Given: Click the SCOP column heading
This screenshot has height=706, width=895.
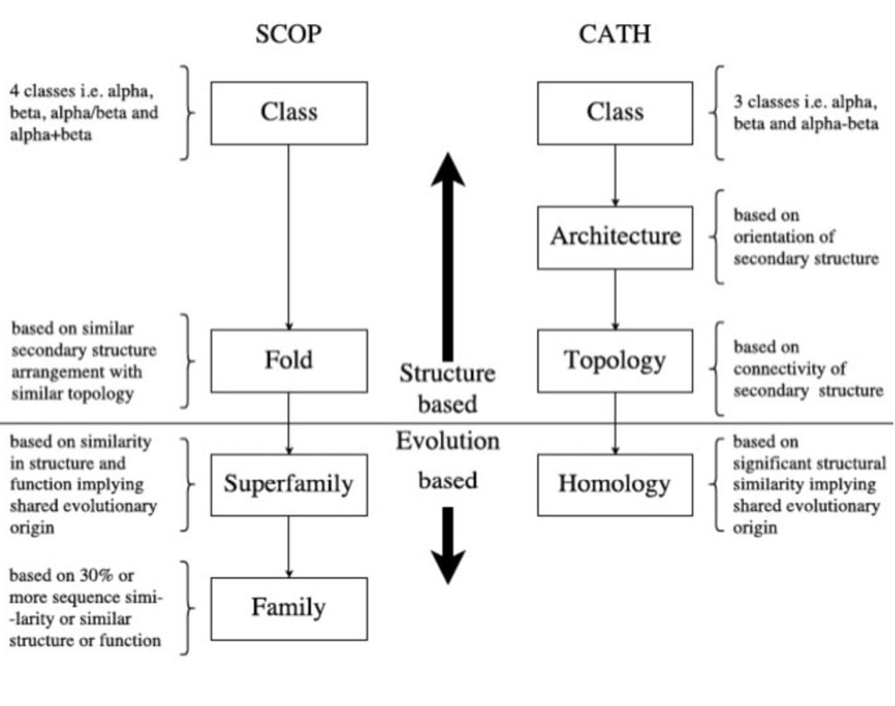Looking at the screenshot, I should (288, 35).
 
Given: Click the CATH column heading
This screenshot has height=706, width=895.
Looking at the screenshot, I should (614, 35).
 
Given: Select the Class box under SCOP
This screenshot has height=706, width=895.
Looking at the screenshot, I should (288, 113).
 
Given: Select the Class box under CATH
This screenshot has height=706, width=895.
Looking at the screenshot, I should (614, 113).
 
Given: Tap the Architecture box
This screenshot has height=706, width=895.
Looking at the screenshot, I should (614, 237).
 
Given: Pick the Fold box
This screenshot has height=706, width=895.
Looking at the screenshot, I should (288, 361).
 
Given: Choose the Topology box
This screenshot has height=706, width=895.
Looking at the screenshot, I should (614, 361).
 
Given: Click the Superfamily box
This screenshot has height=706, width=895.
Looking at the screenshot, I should (288, 485).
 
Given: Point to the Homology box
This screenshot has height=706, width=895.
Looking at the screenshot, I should (614, 485).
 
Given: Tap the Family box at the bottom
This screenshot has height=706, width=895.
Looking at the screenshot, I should (288, 608).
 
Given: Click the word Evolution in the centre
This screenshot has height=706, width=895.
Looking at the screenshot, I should (447, 441).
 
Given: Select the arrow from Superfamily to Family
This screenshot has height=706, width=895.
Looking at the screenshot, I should (288, 547).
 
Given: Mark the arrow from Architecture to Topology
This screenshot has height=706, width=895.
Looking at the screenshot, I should (614, 299).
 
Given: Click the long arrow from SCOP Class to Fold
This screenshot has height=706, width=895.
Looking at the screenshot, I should (288, 237).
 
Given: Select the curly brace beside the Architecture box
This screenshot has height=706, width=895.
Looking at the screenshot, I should (716, 237).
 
